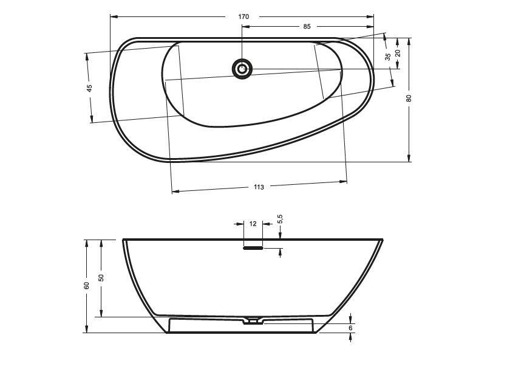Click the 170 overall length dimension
tap(243, 16)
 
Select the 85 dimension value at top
tap(307, 27)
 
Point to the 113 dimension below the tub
tap(259, 187)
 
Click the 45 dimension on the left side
tap(89, 88)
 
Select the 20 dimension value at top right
tap(398, 53)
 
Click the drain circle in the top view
tap(242, 68)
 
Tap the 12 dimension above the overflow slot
tap(253, 224)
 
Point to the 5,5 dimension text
tap(280, 219)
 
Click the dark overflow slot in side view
tap(253, 247)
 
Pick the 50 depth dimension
tap(101, 277)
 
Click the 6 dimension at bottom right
tap(351, 328)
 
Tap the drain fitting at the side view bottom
tap(253, 320)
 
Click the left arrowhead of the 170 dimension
tap(113, 16)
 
